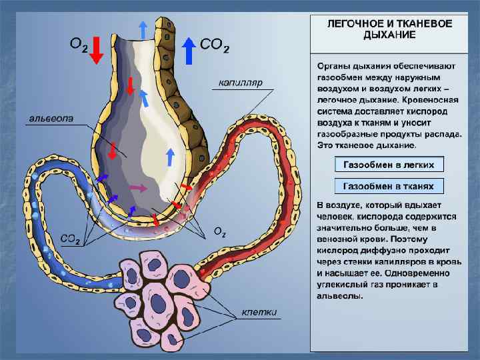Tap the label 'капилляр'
click(x=240, y=83)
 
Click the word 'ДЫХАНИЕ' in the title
click(x=389, y=34)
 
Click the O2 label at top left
click(x=79, y=45)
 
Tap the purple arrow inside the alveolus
click(x=138, y=189)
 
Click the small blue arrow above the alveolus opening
click(x=143, y=29)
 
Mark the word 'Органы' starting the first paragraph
click(x=334, y=67)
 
